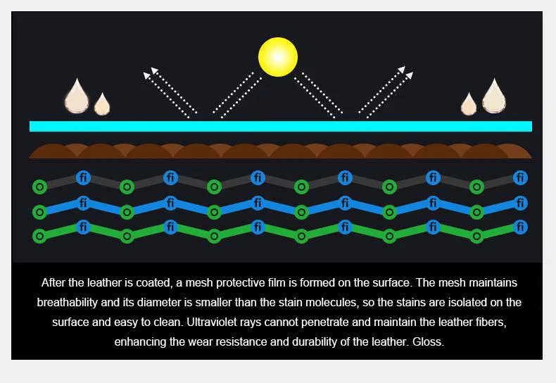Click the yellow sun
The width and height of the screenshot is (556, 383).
(278, 57)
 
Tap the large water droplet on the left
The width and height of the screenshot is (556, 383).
(77, 97)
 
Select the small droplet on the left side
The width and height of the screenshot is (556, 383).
(102, 104)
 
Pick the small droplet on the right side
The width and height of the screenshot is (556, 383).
(469, 105)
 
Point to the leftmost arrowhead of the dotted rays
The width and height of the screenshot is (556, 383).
(148, 73)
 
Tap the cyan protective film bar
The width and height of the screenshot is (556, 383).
(280, 126)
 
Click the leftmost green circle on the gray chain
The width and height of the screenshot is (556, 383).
(39, 187)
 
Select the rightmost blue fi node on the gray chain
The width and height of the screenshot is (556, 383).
(520, 177)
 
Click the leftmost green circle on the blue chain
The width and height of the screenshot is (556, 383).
(39, 212)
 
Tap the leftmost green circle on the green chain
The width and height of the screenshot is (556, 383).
(39, 236)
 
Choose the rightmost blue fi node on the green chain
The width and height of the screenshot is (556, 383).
(520, 227)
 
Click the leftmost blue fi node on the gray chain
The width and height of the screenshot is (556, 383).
(83, 177)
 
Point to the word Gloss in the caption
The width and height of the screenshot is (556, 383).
(430, 341)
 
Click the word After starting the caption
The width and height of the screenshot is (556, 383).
(53, 282)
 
